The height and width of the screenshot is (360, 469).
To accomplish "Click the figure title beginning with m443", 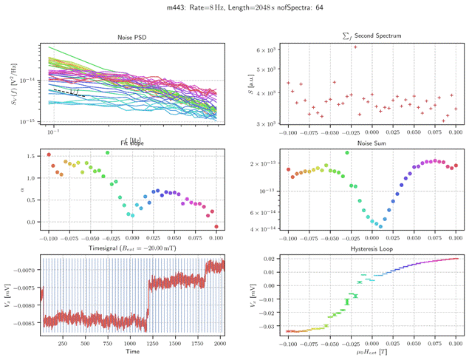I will pos(234,7).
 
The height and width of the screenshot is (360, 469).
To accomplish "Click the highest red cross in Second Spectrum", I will pos(355,47).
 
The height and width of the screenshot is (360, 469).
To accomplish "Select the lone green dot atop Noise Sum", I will pos(346,152).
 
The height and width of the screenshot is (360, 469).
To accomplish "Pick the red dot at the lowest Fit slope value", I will pos(216,226).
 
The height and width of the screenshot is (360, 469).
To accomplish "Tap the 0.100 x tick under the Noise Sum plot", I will pos(457,239).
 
